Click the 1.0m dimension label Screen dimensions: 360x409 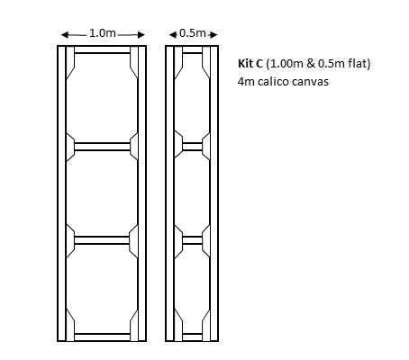pyautogui.click(x=103, y=33)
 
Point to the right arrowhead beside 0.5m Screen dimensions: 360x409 pyautogui.click(x=213, y=34)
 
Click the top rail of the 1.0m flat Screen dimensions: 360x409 pyautogui.click(x=103, y=53)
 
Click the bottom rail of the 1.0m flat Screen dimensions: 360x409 pyautogui.click(x=103, y=336)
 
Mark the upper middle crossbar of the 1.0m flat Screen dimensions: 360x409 pyautogui.click(x=103, y=144)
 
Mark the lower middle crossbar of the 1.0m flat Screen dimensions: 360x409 pyautogui.click(x=103, y=239)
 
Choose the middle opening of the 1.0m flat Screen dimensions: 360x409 pyautogui.click(x=103, y=192)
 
